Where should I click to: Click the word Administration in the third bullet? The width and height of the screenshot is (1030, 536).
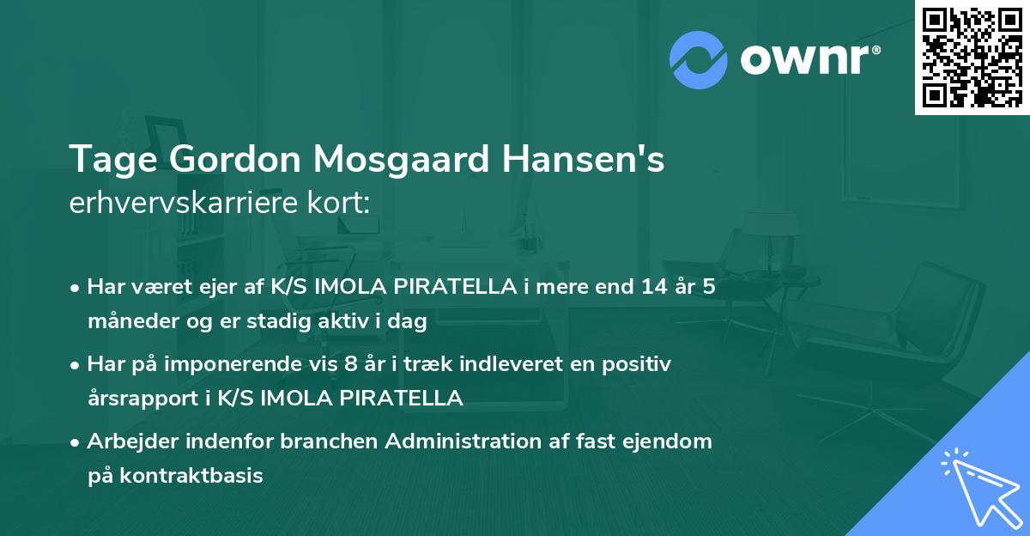(x=459, y=442)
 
